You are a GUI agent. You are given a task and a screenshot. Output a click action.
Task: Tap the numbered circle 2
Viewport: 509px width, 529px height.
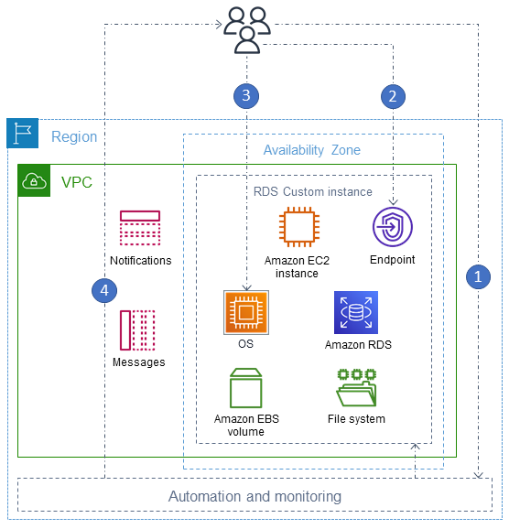(393, 94)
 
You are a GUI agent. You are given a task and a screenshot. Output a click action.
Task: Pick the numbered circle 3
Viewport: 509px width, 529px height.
(244, 94)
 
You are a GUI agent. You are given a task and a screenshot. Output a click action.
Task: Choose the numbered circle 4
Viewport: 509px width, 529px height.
(104, 290)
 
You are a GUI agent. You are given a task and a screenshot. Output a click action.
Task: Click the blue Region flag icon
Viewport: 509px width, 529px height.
(22, 134)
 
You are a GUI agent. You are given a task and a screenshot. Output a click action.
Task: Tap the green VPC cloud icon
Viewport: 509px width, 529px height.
(34, 181)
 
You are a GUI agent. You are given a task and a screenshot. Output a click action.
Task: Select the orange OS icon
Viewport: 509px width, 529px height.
(244, 313)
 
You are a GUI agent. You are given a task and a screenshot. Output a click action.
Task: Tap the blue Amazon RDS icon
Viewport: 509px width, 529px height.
(355, 313)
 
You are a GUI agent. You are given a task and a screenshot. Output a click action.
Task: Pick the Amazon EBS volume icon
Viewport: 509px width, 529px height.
(245, 387)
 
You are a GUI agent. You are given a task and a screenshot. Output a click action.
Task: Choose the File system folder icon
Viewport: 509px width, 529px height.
(356, 387)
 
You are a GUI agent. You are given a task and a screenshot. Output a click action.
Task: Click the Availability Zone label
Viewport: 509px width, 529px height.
(312, 150)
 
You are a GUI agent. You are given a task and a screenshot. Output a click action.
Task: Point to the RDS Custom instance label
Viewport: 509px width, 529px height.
(312, 191)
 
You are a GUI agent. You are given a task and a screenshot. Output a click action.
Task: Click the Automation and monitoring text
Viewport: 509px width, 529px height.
(254, 496)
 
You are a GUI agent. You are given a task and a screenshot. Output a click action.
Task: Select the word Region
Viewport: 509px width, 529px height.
(74, 137)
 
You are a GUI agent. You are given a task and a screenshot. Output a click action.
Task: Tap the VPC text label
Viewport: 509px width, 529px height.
(76, 182)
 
